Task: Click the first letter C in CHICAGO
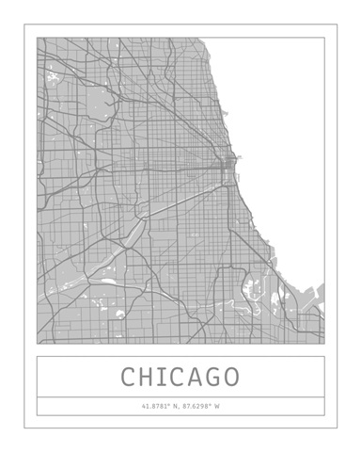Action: [129, 378]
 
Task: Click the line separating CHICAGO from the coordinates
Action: [180, 396]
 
